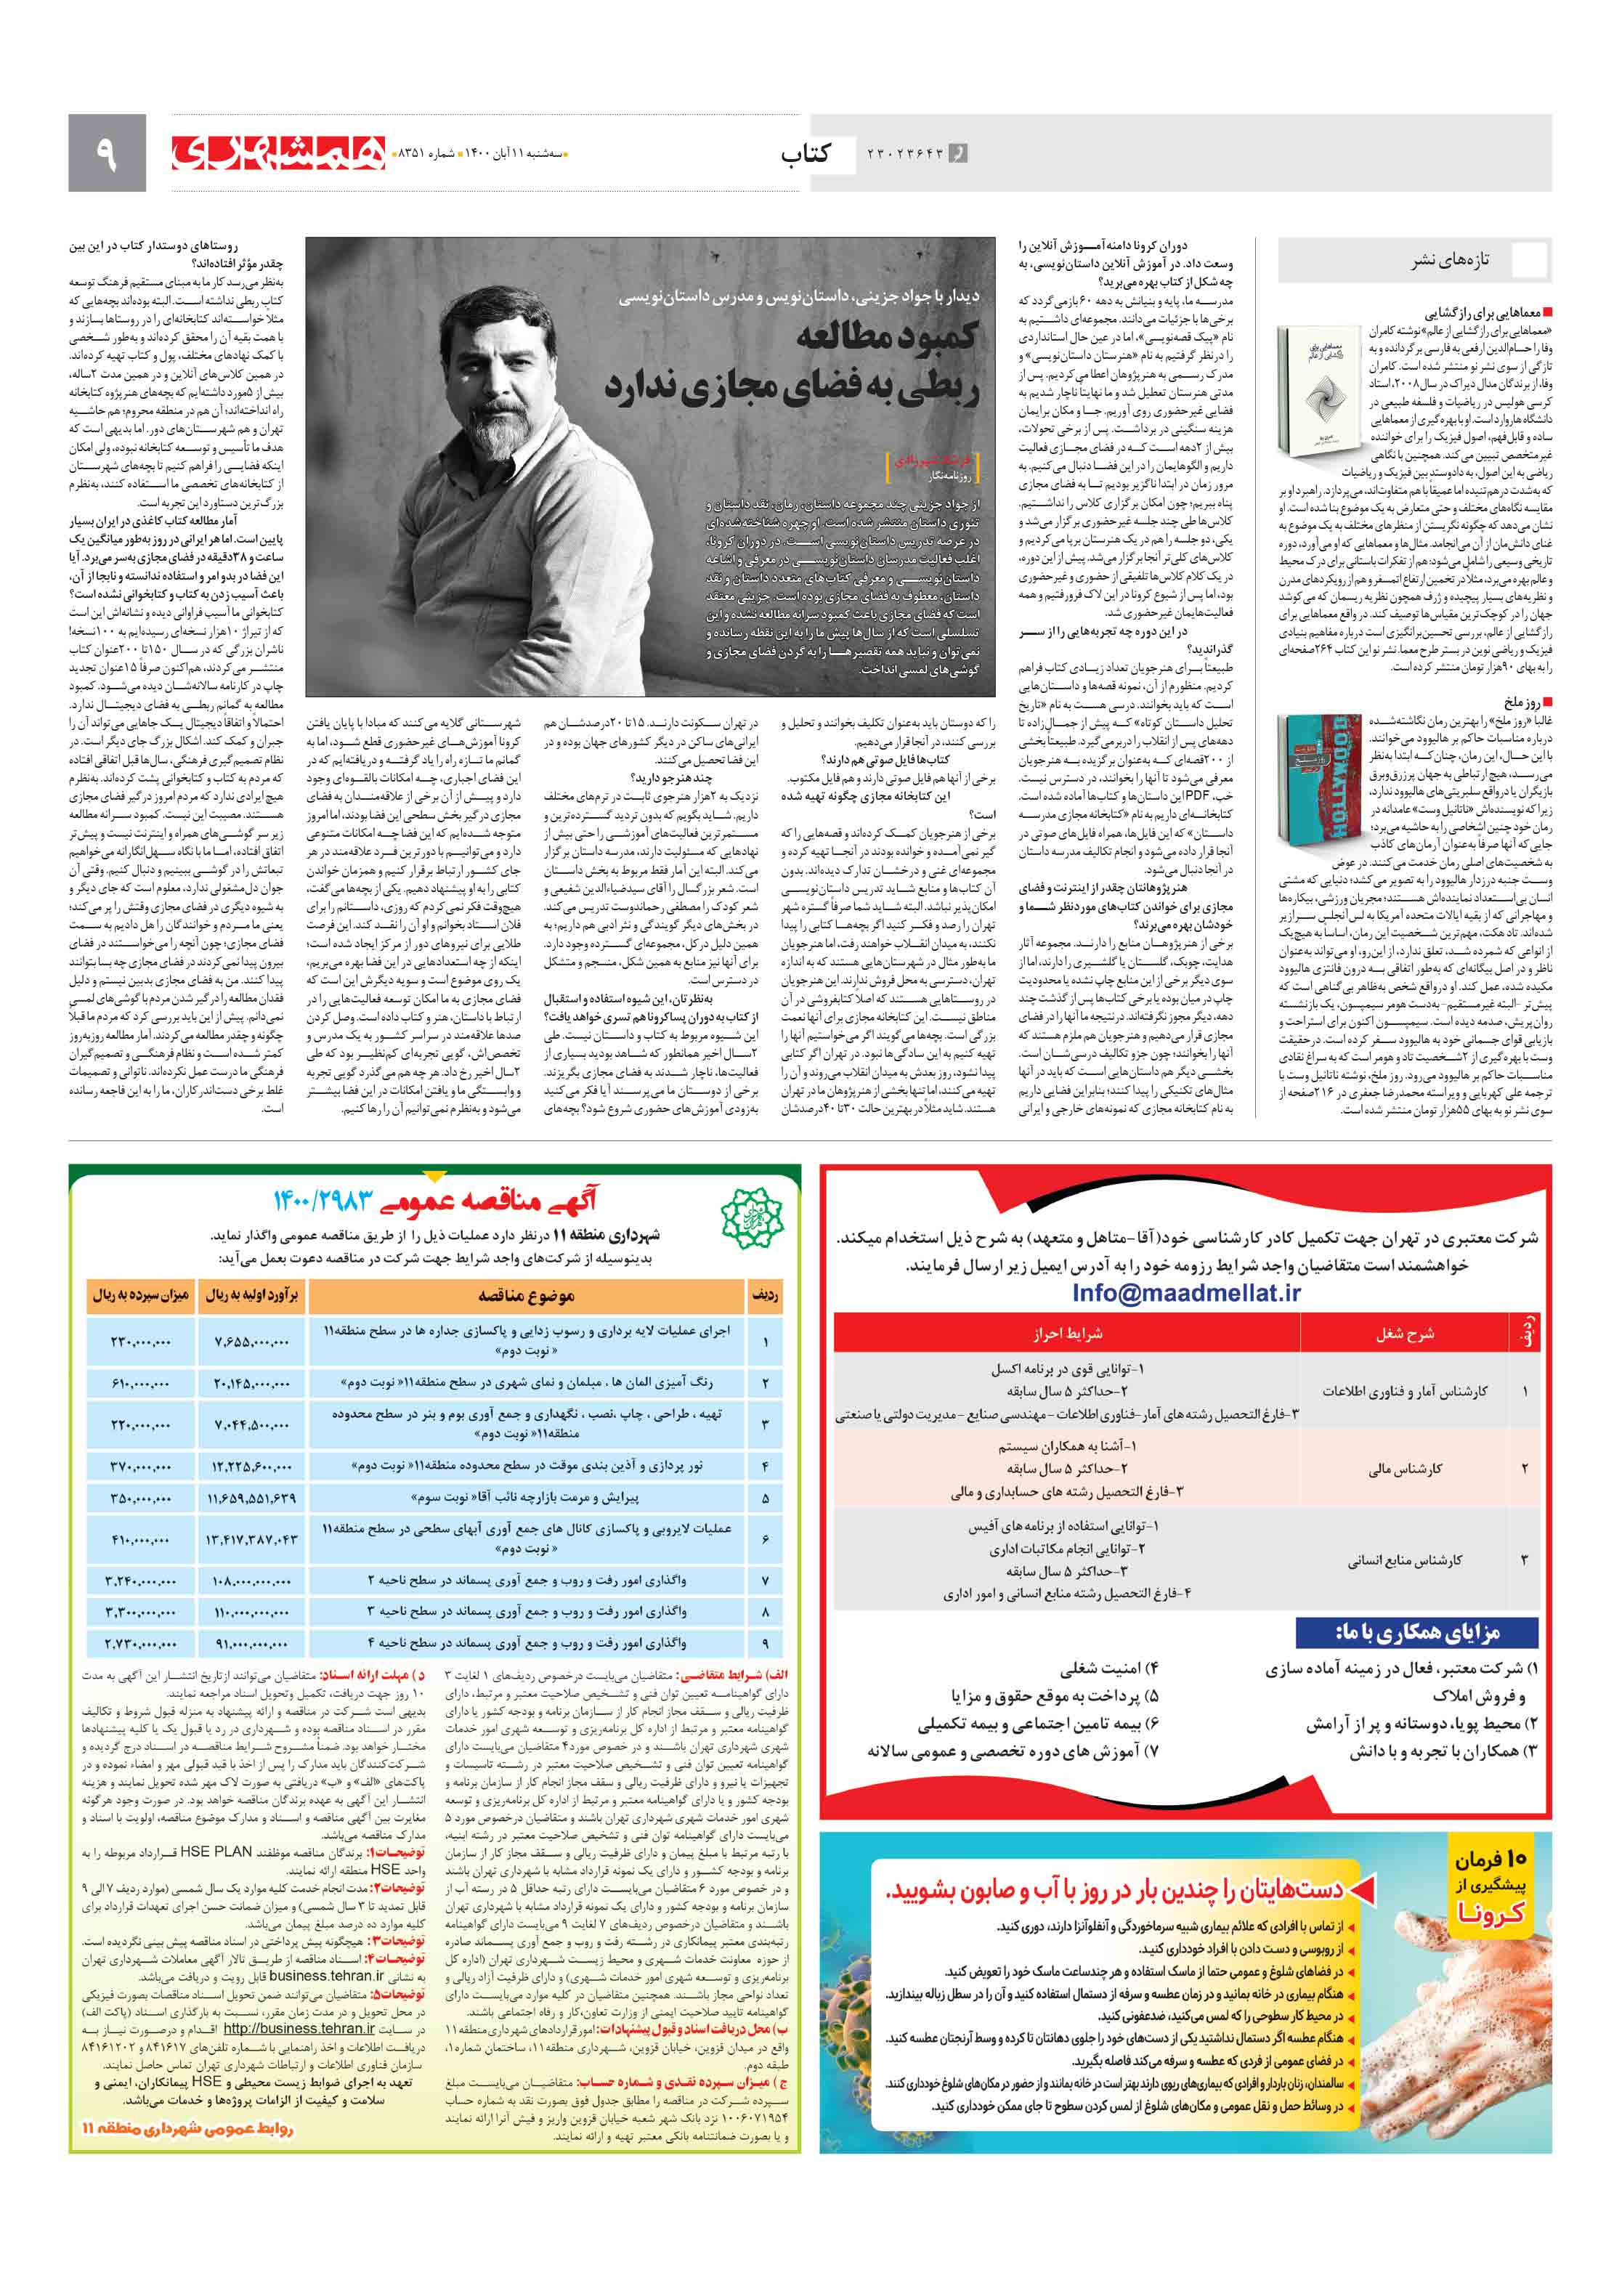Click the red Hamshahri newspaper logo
pyautogui.click(x=278, y=152)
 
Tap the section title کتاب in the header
pyautogui.click(x=806, y=153)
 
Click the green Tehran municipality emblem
pyautogui.click(x=752, y=1216)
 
